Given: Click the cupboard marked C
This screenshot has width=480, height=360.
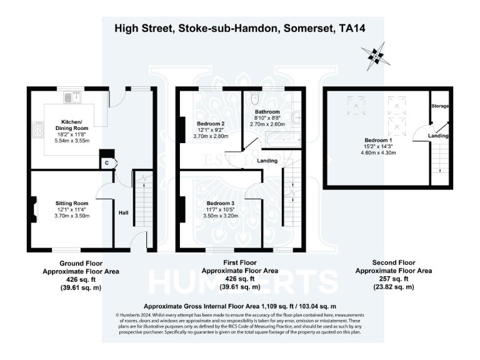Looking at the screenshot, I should tap(107, 163).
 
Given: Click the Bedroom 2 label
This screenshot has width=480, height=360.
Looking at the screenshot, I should tap(211, 123).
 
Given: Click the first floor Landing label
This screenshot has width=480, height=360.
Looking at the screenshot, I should tap(267, 161).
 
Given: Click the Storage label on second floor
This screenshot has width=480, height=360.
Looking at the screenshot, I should tap(440, 106).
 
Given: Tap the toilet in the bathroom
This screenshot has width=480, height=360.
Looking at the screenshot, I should tap(254, 99).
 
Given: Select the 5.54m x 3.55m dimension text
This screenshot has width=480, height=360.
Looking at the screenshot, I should tap(72, 141).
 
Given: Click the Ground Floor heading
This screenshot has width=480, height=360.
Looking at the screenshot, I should tap(81, 263).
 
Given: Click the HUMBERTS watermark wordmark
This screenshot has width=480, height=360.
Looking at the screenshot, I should tap(240, 282).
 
